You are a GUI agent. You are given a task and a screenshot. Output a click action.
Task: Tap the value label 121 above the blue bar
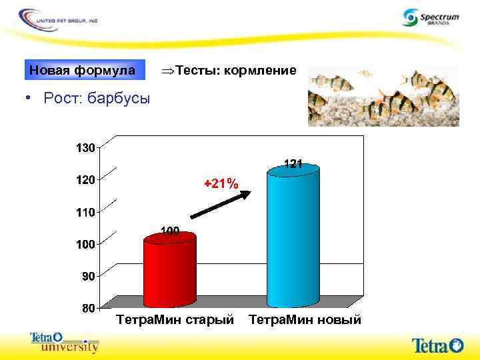[294, 163]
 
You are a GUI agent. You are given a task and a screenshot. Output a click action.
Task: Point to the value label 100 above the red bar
[170, 231]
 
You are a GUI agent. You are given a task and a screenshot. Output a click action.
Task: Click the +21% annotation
[221, 183]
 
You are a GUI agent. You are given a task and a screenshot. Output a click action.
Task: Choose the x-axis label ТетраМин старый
[175, 320]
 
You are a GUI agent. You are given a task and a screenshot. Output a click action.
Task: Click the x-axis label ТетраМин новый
[305, 320]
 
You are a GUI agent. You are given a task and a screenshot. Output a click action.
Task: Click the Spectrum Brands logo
[431, 17]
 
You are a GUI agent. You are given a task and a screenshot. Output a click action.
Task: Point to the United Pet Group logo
[59, 18]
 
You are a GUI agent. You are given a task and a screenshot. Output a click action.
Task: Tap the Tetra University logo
[65, 342]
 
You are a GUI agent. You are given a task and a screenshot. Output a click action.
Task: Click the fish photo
[383, 96]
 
